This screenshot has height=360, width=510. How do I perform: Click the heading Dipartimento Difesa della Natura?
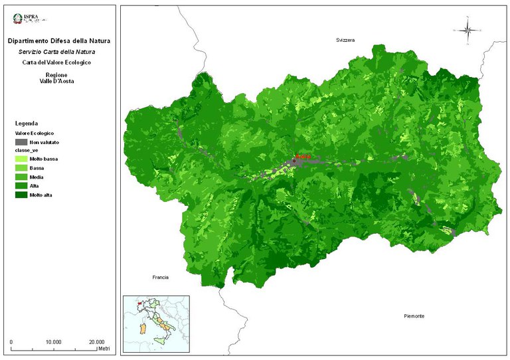click(x=59, y=41)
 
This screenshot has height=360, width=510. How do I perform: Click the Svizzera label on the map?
click(x=345, y=41)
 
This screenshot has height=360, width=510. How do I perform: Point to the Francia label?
click(x=159, y=277)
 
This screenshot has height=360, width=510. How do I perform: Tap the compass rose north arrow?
click(x=467, y=29)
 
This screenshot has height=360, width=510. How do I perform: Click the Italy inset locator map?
click(x=156, y=321)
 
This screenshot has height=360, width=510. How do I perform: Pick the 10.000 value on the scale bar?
click(x=54, y=341)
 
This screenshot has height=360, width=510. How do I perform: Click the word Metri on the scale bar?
click(x=103, y=349)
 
